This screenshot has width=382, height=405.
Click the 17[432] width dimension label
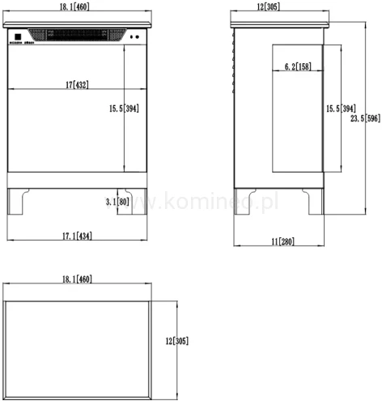pos(77,83)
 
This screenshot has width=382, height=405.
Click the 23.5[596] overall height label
pos(366,118)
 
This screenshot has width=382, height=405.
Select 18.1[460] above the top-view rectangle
pos(77,279)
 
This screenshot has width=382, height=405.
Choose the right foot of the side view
pos(313,201)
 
